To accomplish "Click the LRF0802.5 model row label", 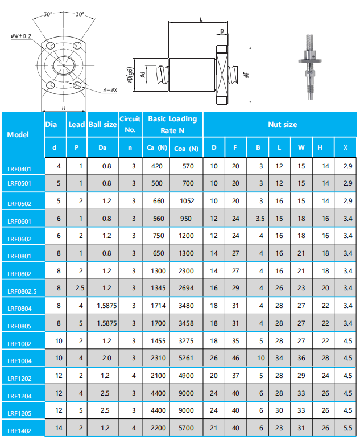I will click(22, 292).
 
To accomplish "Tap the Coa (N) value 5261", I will click(187, 357).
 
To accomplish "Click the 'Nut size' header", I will click(282, 124).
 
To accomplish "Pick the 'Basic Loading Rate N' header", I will click(172, 124).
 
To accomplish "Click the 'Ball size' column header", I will click(102, 124).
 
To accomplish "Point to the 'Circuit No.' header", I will click(130, 124).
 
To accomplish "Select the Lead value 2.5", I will click(76, 289).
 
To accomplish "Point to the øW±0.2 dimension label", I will click(21, 36).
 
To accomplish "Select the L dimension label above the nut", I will click(201, 19).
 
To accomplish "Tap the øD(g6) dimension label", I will click(130, 74).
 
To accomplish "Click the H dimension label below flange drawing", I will click(63, 107).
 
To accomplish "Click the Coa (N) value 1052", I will click(187, 201).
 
